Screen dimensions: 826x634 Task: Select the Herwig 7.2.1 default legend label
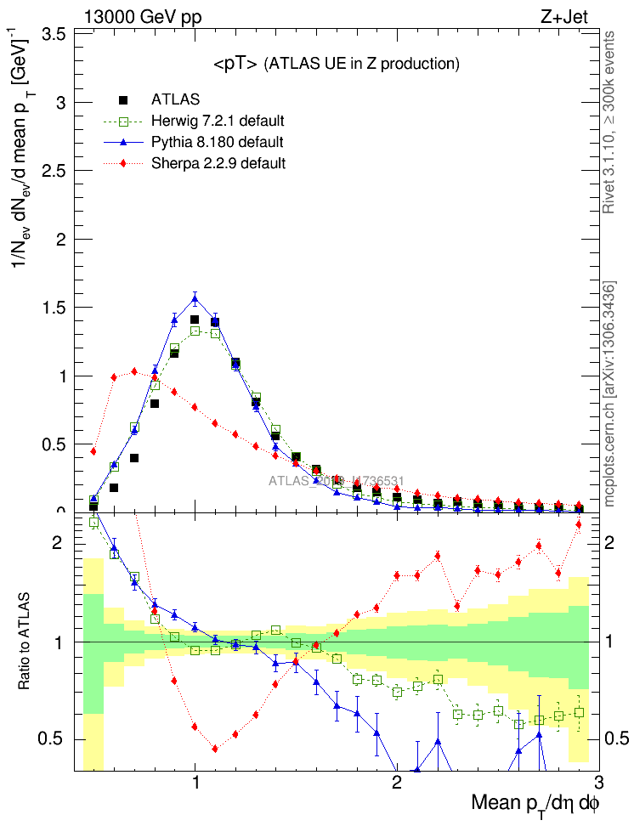coord(218,121)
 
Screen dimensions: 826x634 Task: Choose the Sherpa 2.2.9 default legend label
coord(218,162)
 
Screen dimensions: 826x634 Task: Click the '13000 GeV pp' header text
coord(143,16)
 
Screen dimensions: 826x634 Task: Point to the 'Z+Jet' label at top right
coord(563,16)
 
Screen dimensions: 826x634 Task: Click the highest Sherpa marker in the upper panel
coord(134,371)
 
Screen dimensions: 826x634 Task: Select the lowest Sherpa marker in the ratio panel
coord(215,749)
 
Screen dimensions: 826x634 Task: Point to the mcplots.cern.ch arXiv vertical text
coord(608,395)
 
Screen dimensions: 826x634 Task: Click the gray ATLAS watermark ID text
coord(336,481)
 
